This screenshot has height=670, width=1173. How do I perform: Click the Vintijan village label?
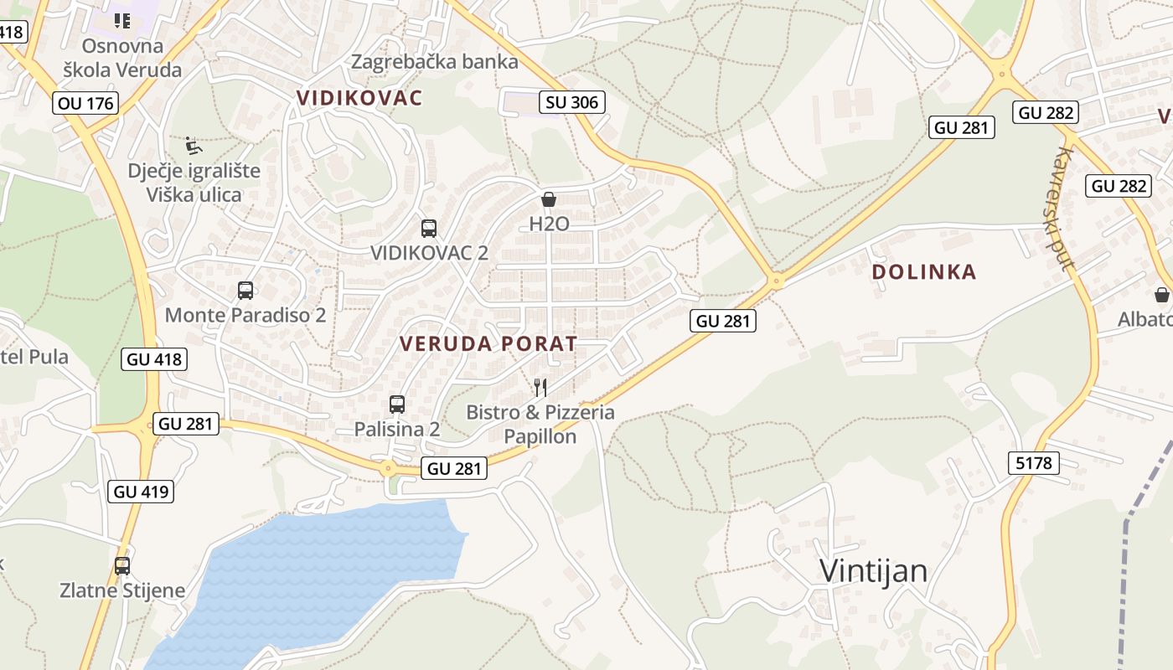click(x=873, y=571)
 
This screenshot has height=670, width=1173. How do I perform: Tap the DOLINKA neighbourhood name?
click(x=924, y=271)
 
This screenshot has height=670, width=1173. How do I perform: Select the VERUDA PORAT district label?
click(x=488, y=343)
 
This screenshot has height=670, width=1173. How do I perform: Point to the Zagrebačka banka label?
click(x=434, y=62)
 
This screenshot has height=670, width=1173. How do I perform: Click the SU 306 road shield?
click(x=572, y=102)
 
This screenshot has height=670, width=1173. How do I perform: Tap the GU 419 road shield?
click(x=141, y=492)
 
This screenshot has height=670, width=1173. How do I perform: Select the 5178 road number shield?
click(x=1034, y=462)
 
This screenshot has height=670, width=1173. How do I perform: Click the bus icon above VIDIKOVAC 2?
click(x=429, y=228)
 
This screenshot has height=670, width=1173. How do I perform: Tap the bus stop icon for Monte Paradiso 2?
click(x=245, y=291)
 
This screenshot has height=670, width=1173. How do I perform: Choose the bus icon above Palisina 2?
click(x=397, y=405)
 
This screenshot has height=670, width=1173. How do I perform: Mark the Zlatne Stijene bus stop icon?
click(x=122, y=566)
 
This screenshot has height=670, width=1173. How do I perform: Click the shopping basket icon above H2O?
click(x=549, y=199)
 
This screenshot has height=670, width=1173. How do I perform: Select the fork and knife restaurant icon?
click(x=540, y=387)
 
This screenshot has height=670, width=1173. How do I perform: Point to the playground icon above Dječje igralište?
click(x=194, y=146)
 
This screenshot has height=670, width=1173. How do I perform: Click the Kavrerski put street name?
click(x=1065, y=209)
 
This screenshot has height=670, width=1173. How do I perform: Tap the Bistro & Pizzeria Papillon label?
click(x=540, y=424)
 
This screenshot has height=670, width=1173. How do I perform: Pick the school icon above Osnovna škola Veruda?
click(x=122, y=21)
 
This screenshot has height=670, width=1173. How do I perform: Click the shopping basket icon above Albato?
click(x=1162, y=295)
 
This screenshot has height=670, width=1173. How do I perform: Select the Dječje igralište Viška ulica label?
click(x=194, y=183)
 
